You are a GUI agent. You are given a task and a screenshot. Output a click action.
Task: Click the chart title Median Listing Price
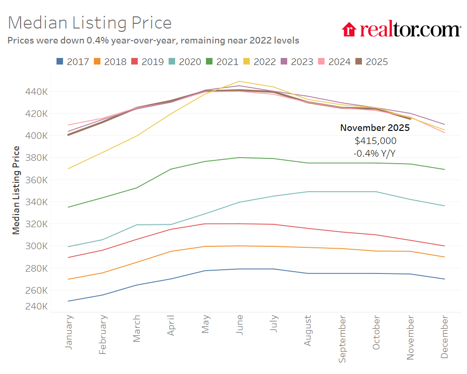tap(90, 23)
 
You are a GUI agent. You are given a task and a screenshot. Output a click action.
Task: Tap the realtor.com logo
tap(401, 29)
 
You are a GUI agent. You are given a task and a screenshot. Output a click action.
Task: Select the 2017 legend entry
tap(72, 62)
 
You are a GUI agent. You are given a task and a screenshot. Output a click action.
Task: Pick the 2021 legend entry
tap(222, 62)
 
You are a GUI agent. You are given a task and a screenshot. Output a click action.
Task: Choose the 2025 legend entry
tap(371, 62)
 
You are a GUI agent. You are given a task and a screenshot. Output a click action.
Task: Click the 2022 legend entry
tap(259, 62)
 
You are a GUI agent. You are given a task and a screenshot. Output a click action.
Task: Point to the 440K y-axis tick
tap(35, 91)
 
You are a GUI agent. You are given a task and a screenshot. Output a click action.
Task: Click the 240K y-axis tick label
tap(35, 306)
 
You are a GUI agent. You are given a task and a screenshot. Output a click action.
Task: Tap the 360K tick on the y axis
tap(35, 180)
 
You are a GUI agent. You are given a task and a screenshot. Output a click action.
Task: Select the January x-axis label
tap(69, 332)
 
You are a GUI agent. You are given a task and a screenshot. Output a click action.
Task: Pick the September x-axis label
tap(342, 339)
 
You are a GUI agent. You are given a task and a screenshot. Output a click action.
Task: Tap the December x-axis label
tap(444, 337)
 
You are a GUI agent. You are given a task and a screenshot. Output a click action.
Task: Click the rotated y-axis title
tap(16, 190)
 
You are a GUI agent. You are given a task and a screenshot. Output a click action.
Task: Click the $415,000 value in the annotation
tap(375, 140)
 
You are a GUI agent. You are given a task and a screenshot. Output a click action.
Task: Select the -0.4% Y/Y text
tap(375, 153)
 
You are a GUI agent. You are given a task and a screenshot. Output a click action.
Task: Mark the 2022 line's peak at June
tap(239, 81)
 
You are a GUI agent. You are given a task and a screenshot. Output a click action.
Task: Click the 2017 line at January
tap(69, 301)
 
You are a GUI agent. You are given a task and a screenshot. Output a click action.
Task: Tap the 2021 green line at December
tap(444, 169)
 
